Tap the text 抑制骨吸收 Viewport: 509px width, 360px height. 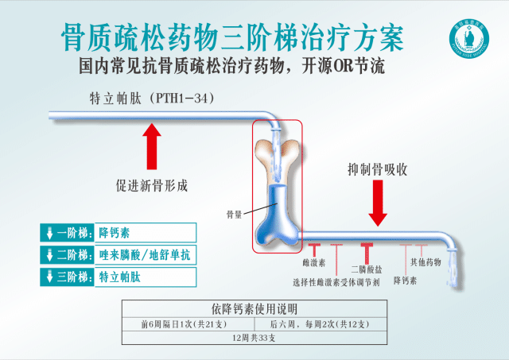click(x=378, y=169)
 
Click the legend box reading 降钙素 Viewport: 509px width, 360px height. click(x=145, y=233)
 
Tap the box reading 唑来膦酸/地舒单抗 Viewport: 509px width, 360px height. click(x=145, y=255)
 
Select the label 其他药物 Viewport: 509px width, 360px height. click(x=425, y=261)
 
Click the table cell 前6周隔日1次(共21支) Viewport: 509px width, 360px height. click(x=185, y=324)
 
